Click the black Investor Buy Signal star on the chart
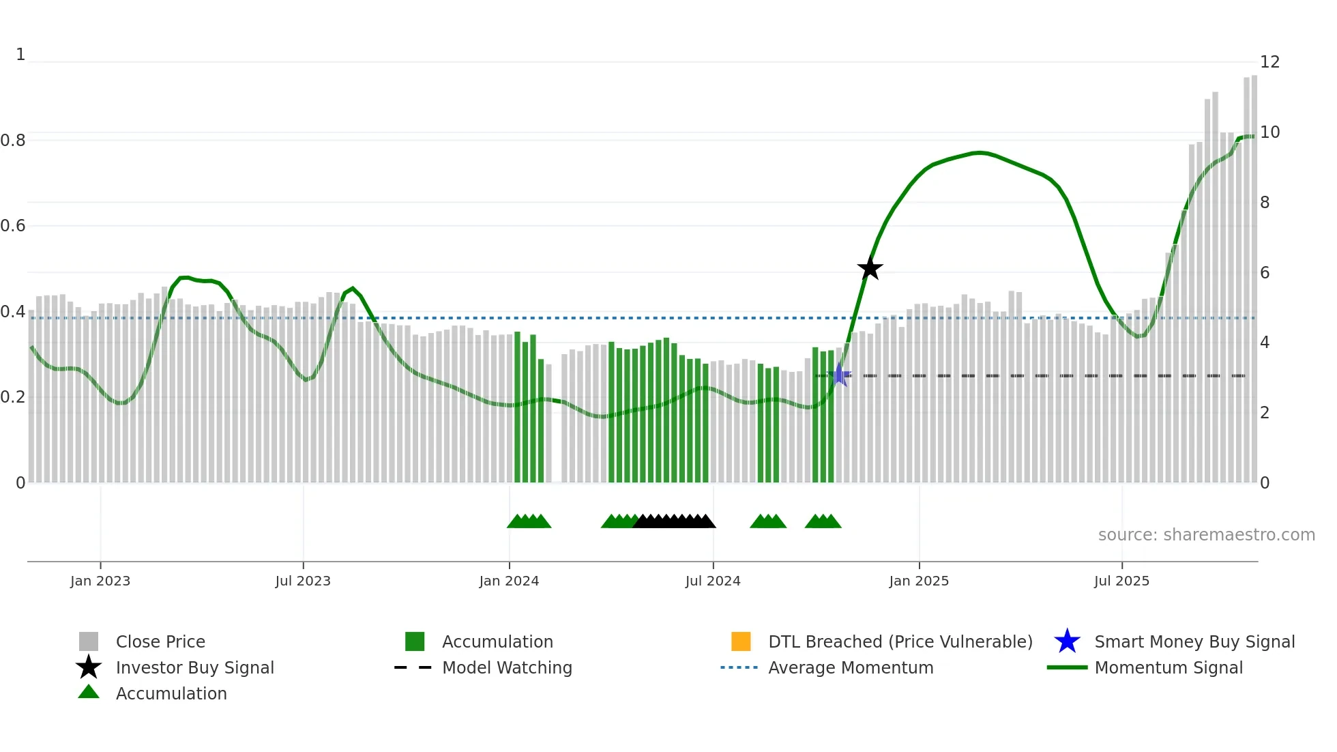(x=870, y=268)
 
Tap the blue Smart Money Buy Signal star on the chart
(x=840, y=375)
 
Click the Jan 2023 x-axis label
(x=100, y=581)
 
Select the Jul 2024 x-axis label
(x=713, y=581)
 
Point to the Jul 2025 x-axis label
(x=1121, y=581)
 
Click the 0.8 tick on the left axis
(x=13, y=141)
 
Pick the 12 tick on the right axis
(x=1269, y=62)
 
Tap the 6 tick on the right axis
(x=1265, y=273)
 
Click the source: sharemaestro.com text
(x=1206, y=535)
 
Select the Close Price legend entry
(x=160, y=642)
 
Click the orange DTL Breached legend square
(x=741, y=641)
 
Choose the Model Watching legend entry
(x=507, y=668)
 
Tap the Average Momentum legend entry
(x=851, y=668)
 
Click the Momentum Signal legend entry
(x=1169, y=668)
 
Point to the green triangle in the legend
(x=89, y=692)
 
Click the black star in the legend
(x=89, y=667)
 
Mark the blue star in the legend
(x=1067, y=641)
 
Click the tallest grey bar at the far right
(x=1254, y=273)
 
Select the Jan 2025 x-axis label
(x=919, y=581)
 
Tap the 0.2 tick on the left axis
(x=13, y=397)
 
